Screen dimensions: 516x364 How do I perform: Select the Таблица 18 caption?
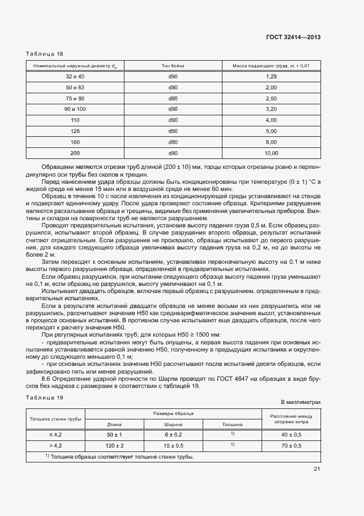point(45,54)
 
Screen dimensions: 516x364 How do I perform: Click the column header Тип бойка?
point(172,66)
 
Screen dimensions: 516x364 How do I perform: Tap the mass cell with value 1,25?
point(270,76)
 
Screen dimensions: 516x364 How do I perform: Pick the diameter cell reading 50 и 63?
point(75,87)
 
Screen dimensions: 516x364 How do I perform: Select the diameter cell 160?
point(75,141)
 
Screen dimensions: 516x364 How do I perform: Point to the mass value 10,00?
point(271,152)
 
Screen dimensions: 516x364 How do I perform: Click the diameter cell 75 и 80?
point(75,98)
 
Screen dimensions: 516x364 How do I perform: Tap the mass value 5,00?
point(270,131)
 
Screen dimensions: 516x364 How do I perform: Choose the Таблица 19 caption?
point(45,397)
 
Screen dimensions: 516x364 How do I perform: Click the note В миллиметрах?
point(301,402)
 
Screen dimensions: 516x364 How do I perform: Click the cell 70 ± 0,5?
point(291,445)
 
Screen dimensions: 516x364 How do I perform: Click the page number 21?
point(317,470)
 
